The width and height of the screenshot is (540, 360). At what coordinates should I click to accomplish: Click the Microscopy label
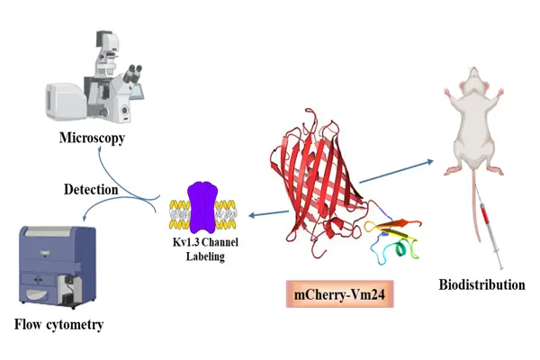pyautogui.click(x=91, y=139)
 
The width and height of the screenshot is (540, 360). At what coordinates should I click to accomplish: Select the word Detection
pyautogui.click(x=90, y=190)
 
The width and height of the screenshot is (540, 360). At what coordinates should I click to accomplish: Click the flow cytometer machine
pyautogui.click(x=57, y=265)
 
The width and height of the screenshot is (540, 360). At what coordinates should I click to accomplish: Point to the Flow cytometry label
pyautogui.click(x=57, y=323)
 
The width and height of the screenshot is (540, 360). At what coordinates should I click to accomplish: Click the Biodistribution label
pyautogui.click(x=481, y=284)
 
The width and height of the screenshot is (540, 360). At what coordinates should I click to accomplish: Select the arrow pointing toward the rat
pyautogui.click(x=396, y=171)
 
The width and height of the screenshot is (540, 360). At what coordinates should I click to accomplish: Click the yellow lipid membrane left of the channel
pyautogui.click(x=177, y=212)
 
